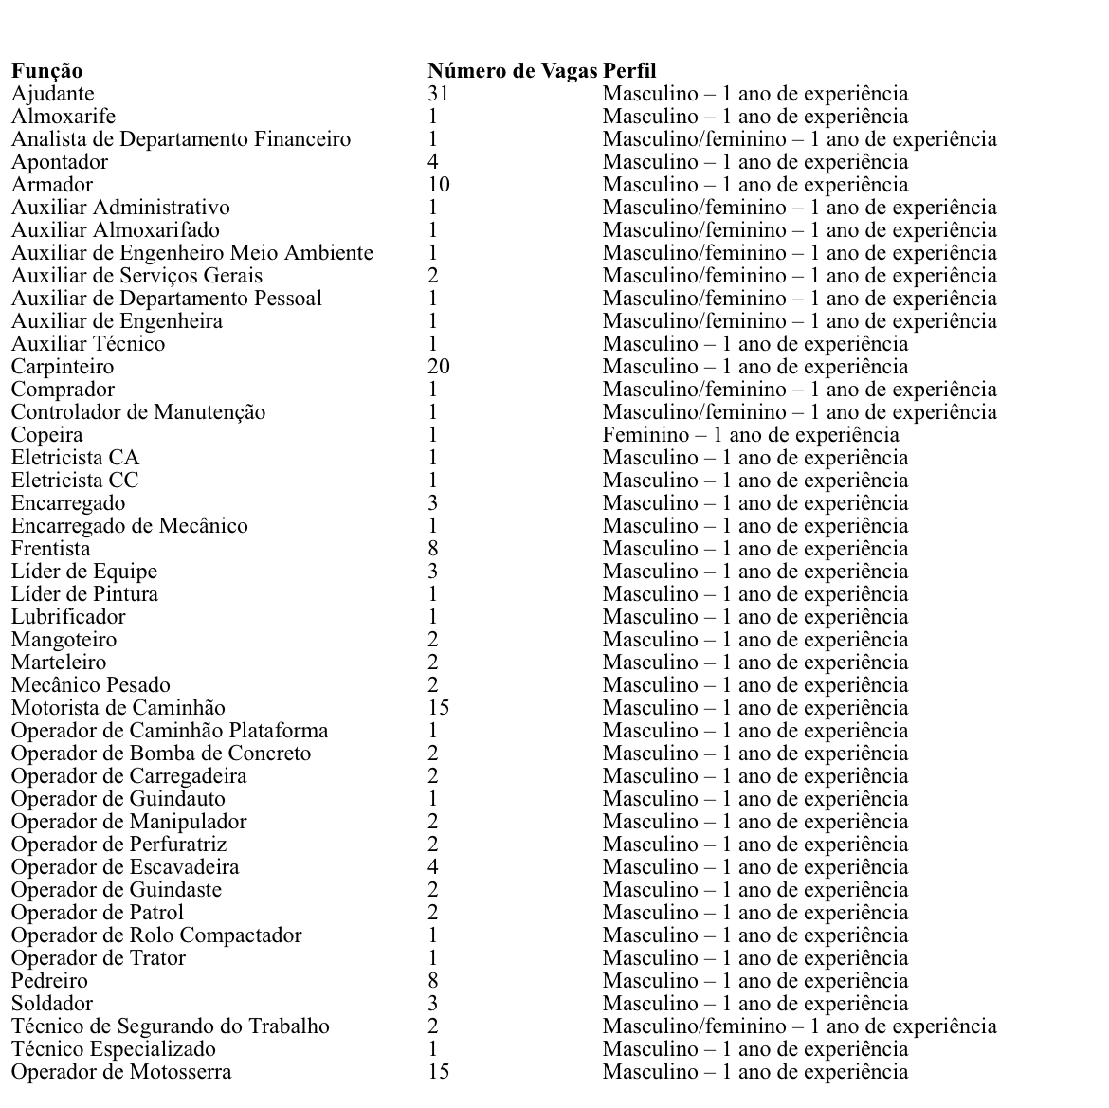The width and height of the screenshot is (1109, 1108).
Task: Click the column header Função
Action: pyautogui.click(x=46, y=71)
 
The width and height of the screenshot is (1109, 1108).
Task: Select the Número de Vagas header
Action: pyautogui.click(x=512, y=71)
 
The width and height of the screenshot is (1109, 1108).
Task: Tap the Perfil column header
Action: pyautogui.click(x=629, y=71)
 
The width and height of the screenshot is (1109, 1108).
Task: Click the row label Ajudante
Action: pyautogui.click(x=53, y=94)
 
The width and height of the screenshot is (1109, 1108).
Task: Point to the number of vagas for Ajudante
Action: pyautogui.click(x=438, y=94)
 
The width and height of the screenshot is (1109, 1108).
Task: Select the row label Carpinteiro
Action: pyautogui.click(x=63, y=367)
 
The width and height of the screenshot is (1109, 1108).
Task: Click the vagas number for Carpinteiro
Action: pyautogui.click(x=439, y=367)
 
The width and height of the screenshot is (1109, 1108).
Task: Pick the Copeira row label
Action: pyautogui.click(x=47, y=435)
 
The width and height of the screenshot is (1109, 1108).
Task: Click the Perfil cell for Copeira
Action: pyautogui.click(x=751, y=435)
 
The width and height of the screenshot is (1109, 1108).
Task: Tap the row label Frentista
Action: pyautogui.click(x=51, y=549)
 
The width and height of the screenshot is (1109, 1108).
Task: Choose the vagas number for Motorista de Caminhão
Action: pyautogui.click(x=439, y=708)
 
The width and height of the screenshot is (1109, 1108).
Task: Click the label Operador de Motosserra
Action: pyautogui.click(x=121, y=1072)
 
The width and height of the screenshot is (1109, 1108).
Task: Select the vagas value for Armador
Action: pyautogui.click(x=439, y=185)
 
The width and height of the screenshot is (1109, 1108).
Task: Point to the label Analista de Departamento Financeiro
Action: pyautogui.click(x=181, y=139)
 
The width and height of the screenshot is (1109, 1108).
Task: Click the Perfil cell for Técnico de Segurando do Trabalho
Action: pyautogui.click(x=799, y=1026)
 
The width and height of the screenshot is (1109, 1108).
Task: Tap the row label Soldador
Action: pyautogui.click(x=52, y=1004)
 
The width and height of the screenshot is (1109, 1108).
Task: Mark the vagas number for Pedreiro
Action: pyautogui.click(x=433, y=981)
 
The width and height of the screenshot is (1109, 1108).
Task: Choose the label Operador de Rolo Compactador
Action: pyautogui.click(x=156, y=935)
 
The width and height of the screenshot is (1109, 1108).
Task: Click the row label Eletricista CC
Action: pyautogui.click(x=75, y=481)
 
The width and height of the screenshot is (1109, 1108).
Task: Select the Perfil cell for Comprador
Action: pyautogui.click(x=799, y=390)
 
